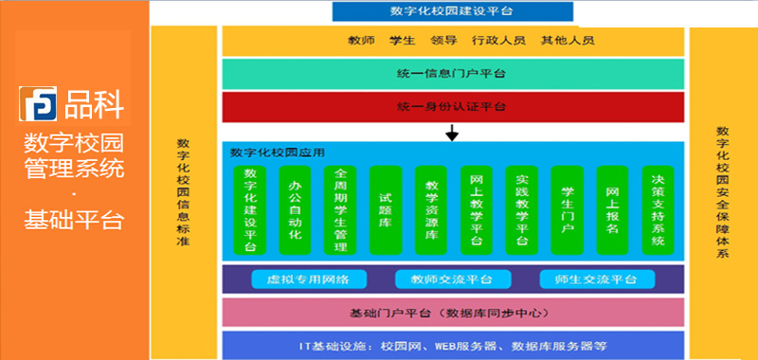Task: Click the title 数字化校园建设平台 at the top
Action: (x=453, y=11)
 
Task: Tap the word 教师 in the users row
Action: (x=364, y=41)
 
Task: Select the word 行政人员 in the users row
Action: (x=506, y=41)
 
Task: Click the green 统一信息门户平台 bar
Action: (x=452, y=74)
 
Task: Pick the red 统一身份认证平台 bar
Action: (x=452, y=105)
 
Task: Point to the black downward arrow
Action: (x=452, y=135)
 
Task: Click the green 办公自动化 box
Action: (x=296, y=209)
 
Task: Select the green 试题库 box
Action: (x=386, y=209)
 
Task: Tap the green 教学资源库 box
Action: (x=431, y=209)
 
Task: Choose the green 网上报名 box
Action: (x=612, y=209)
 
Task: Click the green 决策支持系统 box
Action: (x=658, y=209)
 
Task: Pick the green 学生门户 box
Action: (x=567, y=209)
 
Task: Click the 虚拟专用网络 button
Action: (x=308, y=279)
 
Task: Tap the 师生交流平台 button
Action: (x=595, y=279)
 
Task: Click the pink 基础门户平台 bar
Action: (x=452, y=312)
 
